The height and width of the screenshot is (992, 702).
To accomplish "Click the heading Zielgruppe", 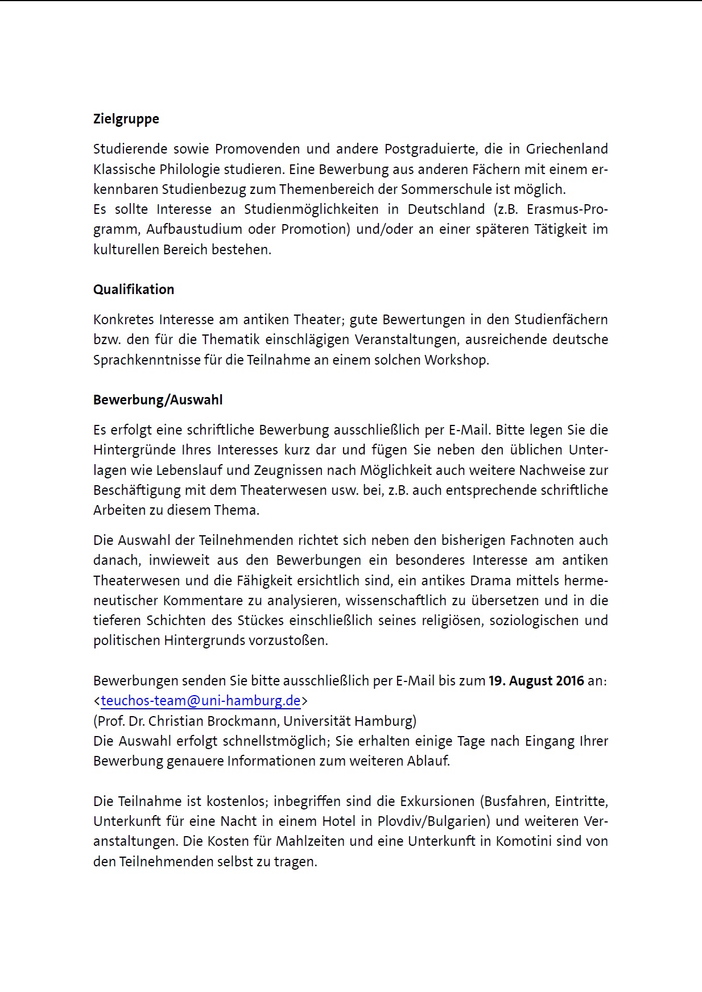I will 126,119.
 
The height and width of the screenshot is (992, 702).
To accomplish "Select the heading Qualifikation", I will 134,290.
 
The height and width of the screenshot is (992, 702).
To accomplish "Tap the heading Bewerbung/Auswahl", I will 158,400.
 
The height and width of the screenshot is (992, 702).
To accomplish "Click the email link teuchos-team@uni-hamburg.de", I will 200,701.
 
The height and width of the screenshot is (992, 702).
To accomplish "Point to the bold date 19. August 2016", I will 536,681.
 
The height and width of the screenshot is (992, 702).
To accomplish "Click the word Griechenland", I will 567,149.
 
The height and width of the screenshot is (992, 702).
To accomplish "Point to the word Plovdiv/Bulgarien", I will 434,821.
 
